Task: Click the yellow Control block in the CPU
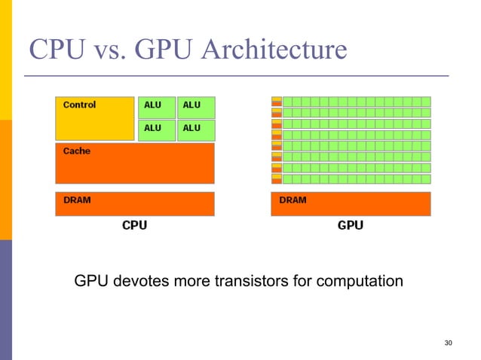[94, 124]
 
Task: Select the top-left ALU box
[157, 107]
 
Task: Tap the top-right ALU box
[196, 107]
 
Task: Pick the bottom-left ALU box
[157, 130]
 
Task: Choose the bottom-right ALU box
[196, 130]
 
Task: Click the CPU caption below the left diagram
[135, 225]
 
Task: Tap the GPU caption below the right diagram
[351, 225]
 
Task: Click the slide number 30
[449, 343]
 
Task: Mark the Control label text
[79, 105]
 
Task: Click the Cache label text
[76, 151]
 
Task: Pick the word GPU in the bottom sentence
[91, 282]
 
